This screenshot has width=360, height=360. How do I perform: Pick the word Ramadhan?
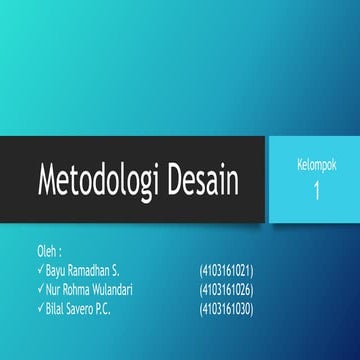click(95, 270)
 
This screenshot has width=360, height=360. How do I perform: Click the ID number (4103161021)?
click(226, 270)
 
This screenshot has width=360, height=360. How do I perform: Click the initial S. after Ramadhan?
click(124, 270)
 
